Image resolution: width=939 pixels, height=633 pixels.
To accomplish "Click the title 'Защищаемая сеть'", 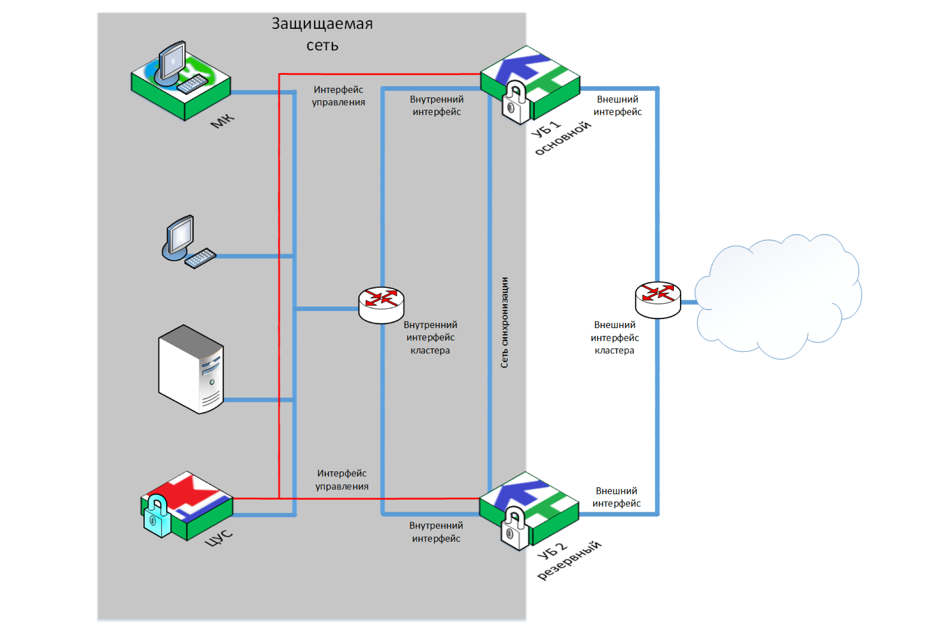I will (322, 34).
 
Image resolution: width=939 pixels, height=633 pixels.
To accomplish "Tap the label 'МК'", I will (222, 121).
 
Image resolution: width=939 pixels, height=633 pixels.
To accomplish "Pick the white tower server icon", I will (191, 369).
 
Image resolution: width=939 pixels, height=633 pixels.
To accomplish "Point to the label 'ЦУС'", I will (218, 538).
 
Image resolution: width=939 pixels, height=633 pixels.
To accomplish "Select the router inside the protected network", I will (381, 304).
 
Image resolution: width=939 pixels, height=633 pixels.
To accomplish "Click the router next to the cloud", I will (658, 300).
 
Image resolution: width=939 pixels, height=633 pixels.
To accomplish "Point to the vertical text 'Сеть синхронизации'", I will (504, 323).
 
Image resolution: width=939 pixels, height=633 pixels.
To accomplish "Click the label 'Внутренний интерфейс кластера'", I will (430, 338).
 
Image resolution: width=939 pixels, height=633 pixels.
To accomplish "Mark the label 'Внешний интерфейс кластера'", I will (615, 338).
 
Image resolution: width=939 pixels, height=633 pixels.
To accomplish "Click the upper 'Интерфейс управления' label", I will (338, 96).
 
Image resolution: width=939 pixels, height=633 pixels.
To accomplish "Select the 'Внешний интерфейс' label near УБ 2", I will (616, 497).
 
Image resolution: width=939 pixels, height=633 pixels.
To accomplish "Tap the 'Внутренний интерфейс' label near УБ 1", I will (436, 105).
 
